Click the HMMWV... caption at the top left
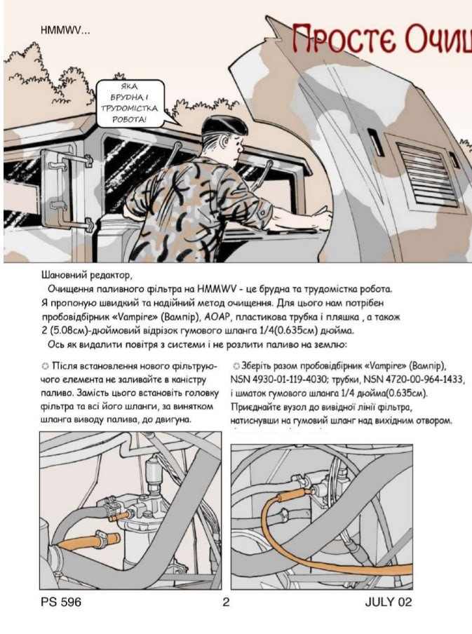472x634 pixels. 65,30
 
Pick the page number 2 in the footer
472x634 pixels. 226,602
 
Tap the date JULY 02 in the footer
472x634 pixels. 388,602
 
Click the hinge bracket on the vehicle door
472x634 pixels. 56,182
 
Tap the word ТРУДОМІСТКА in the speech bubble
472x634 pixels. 130,109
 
